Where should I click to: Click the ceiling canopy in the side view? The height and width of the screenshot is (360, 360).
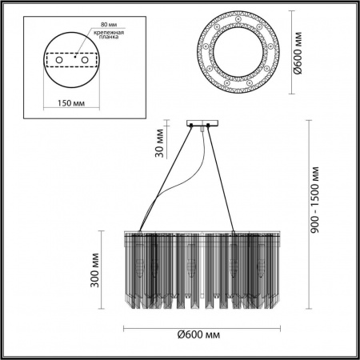click(198, 123)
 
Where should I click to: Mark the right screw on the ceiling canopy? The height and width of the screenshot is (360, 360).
click(207, 124)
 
